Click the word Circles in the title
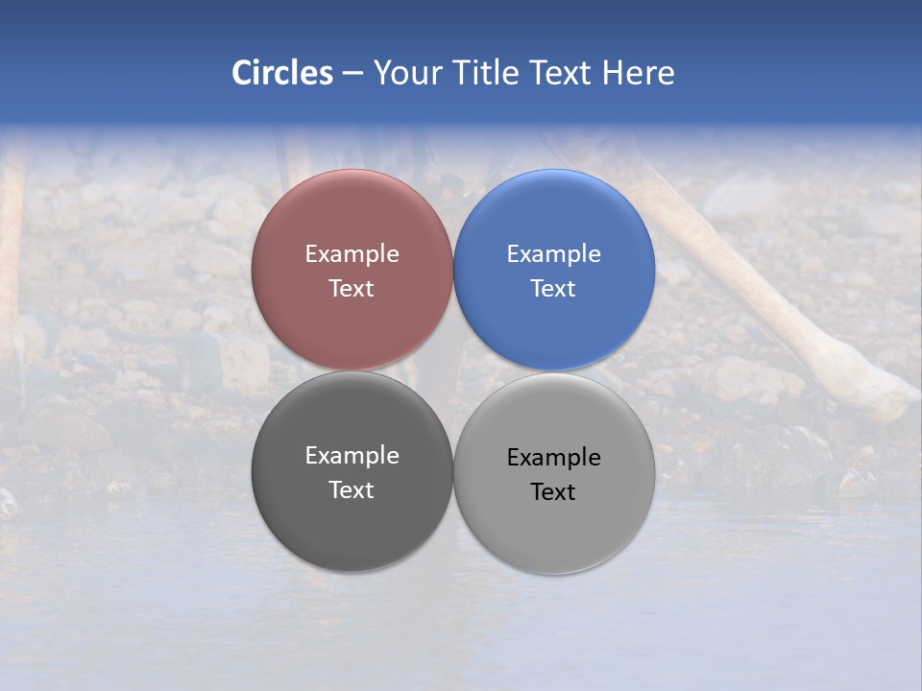point(282,73)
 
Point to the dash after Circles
point(352,74)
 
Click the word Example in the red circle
point(352,254)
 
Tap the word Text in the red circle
point(352,289)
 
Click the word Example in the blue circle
point(553,254)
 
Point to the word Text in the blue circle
point(553,289)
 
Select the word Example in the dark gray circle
point(352,456)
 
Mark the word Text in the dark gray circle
point(352,490)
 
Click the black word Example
point(553,458)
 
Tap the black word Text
point(553,492)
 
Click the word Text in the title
point(562,73)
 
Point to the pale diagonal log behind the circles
point(768,307)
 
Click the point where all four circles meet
point(453,370)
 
